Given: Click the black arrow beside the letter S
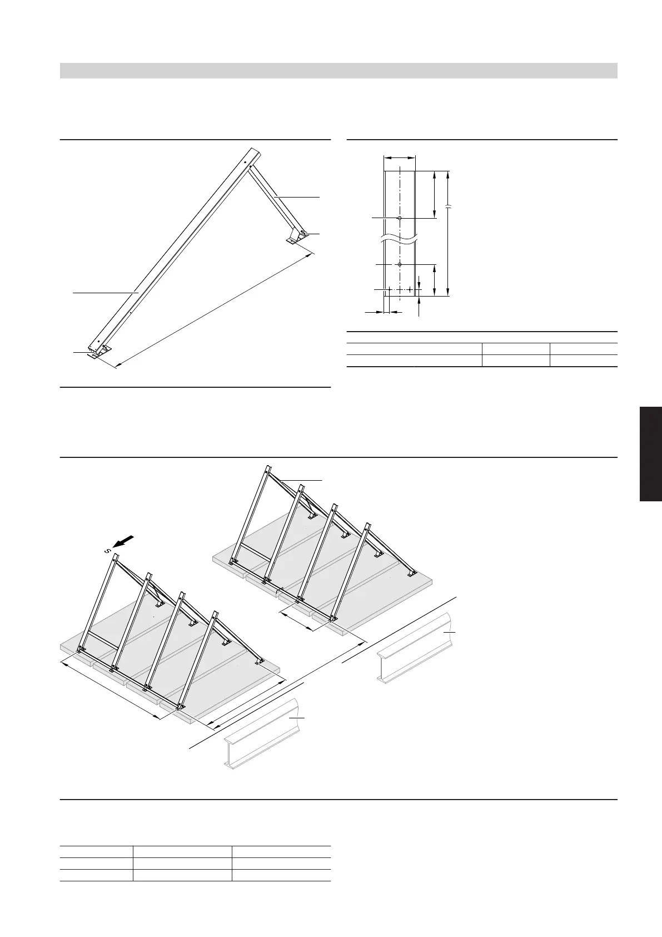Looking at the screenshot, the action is click(125, 540).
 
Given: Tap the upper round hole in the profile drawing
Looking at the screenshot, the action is click(400, 218).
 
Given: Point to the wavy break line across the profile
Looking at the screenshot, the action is click(400, 240).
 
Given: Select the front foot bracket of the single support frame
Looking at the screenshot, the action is click(99, 352).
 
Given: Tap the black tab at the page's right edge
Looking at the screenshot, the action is click(650, 454).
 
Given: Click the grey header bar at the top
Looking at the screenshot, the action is click(339, 71).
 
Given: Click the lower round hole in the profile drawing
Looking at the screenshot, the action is click(400, 264).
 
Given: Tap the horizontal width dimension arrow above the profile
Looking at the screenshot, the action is click(400, 158).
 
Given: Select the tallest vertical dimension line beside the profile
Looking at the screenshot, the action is click(448, 234).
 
